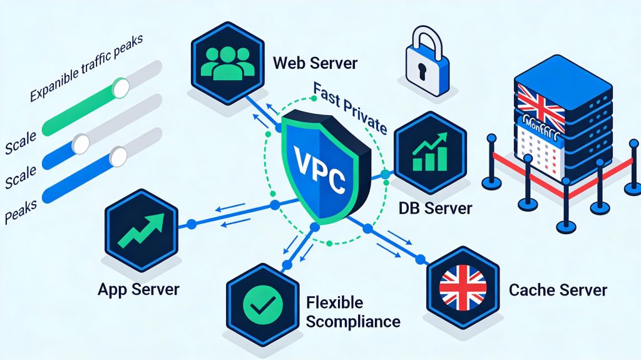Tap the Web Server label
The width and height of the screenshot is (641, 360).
coord(315,63)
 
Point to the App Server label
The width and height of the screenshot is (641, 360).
coord(138,289)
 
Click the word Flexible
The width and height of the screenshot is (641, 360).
coord(335,303)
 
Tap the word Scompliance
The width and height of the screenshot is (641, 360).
coord(353,322)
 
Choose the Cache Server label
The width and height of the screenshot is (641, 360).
coord(558,290)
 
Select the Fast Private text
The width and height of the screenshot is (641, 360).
coord(350,112)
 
